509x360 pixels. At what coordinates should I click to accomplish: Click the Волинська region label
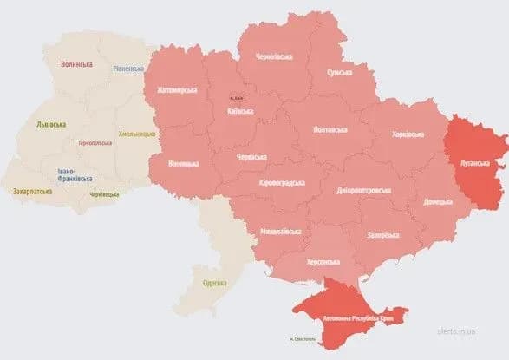76,63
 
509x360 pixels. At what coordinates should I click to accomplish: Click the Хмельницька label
136,134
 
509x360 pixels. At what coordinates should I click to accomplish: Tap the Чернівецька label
106,194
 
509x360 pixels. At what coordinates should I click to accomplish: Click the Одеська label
214,283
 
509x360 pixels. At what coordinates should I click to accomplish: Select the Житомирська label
178,89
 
